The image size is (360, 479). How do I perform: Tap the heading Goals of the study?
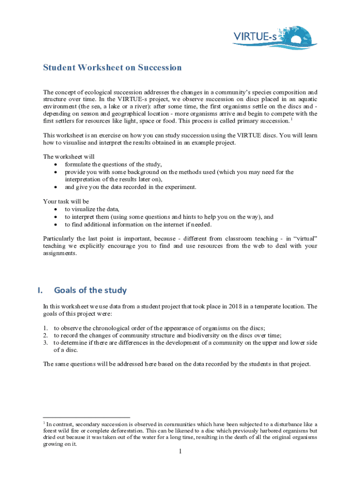click(90, 290)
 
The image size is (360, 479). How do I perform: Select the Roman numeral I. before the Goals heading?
click(41, 290)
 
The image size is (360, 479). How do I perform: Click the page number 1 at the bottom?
click(180, 451)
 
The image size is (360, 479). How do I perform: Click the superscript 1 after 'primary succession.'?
click(293, 119)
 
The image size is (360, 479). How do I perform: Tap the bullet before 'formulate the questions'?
click(56, 165)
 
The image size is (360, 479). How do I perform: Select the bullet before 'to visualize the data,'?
click(56, 210)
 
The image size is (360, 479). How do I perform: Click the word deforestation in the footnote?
click(128, 430)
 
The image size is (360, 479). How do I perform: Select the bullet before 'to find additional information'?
click(56, 225)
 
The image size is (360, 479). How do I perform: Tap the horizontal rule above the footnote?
click(86, 417)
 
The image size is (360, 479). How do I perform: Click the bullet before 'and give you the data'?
click(56, 187)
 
